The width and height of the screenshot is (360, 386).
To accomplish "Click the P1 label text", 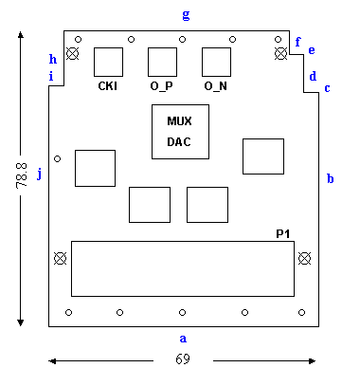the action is (283, 234).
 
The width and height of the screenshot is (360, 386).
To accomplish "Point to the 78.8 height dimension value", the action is (22, 175).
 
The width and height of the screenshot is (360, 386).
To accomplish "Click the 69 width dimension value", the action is (183, 359).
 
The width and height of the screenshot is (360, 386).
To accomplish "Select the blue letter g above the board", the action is (186, 14).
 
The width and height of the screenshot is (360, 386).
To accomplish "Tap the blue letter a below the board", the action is (183, 339).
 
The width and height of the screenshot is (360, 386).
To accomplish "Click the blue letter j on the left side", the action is (40, 174).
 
